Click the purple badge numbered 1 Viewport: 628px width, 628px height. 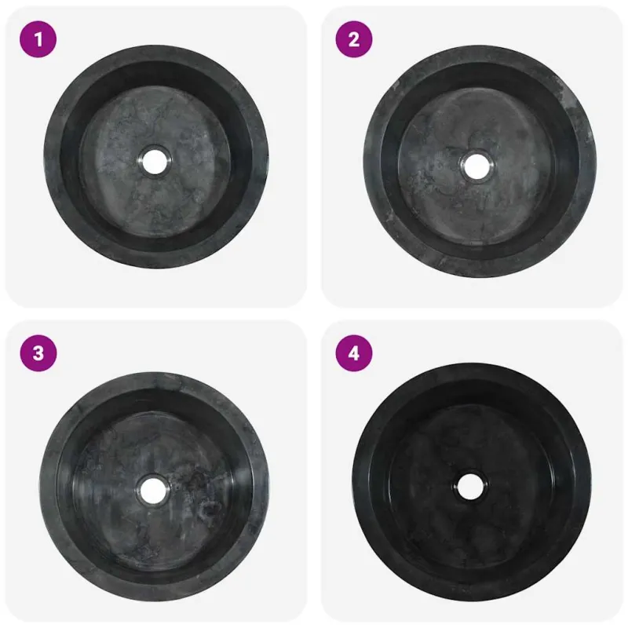[38, 39]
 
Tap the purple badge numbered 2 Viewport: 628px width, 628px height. [354, 39]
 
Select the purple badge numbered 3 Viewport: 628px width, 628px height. [38, 353]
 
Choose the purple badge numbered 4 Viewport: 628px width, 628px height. [354, 353]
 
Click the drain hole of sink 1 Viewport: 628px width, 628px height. [155, 162]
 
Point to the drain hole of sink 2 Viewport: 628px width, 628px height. [476, 167]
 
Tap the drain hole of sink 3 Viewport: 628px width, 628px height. [153, 489]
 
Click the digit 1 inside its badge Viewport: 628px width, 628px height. [38, 39]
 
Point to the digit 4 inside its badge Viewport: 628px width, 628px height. [354, 353]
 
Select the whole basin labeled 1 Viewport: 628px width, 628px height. [156, 157]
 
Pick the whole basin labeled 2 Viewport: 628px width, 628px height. [480, 161]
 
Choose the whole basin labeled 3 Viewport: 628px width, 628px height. [155, 486]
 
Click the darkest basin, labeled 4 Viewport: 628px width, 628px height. [473, 482]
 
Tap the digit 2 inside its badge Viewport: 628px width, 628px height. [354, 39]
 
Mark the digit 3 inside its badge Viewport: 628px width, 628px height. [38, 353]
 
